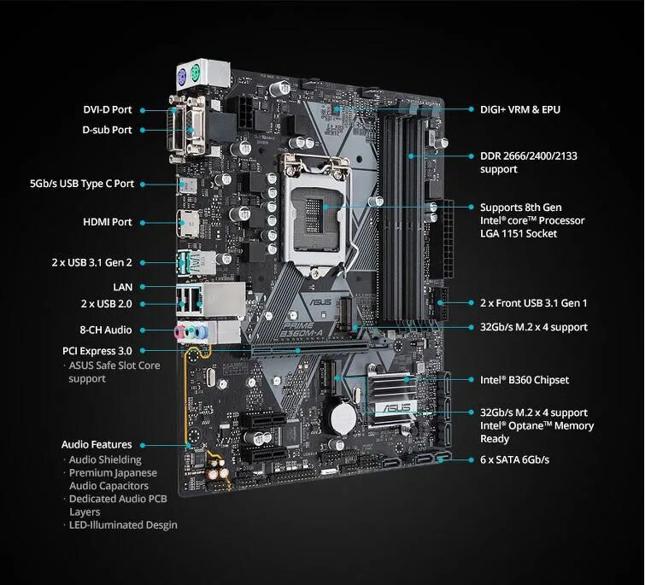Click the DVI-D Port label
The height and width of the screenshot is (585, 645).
pyautogui.click(x=107, y=110)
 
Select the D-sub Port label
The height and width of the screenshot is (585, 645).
pyautogui.click(x=107, y=130)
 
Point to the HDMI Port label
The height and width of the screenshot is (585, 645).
pyautogui.click(x=108, y=222)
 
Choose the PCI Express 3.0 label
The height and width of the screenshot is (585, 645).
pyautogui.click(x=97, y=350)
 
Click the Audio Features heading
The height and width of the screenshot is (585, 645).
pyautogui.click(x=97, y=444)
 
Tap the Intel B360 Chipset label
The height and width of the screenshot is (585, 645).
pyautogui.click(x=524, y=380)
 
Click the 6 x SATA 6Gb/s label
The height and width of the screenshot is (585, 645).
pyautogui.click(x=514, y=460)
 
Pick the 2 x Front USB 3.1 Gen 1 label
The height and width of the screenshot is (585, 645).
pyautogui.click(x=533, y=303)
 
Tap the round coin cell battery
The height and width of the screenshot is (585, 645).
pyautogui.click(x=343, y=417)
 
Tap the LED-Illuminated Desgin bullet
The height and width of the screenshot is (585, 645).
pyautogui.click(x=123, y=524)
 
